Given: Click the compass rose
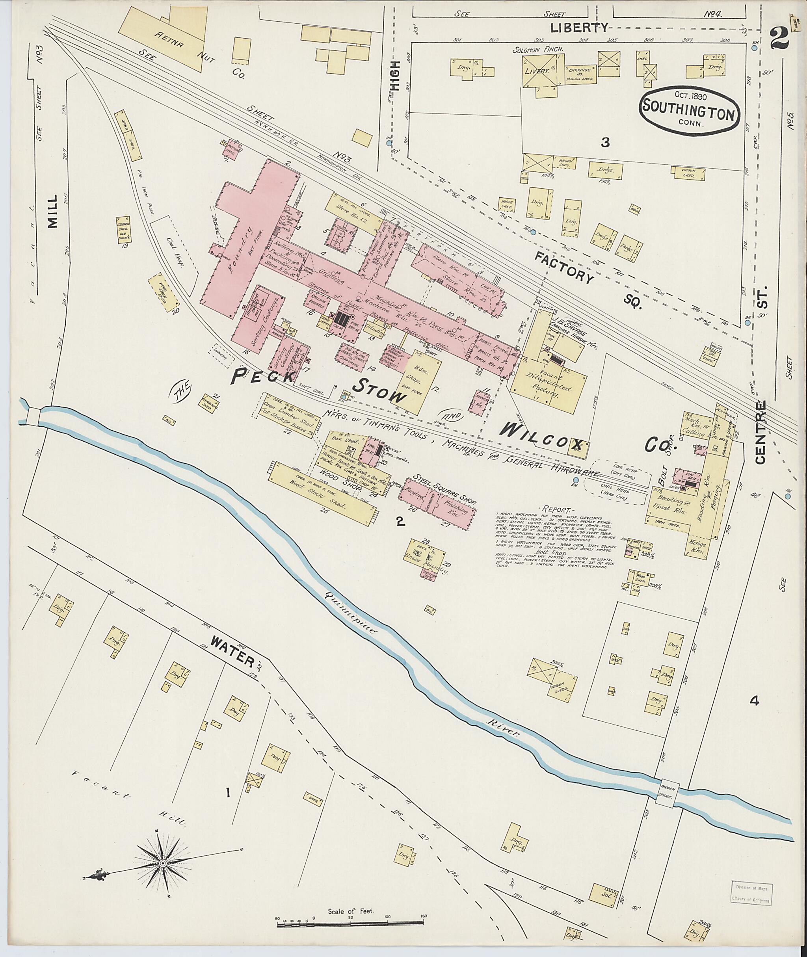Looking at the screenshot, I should (x=162, y=862).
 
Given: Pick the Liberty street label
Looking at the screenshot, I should (x=579, y=28).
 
